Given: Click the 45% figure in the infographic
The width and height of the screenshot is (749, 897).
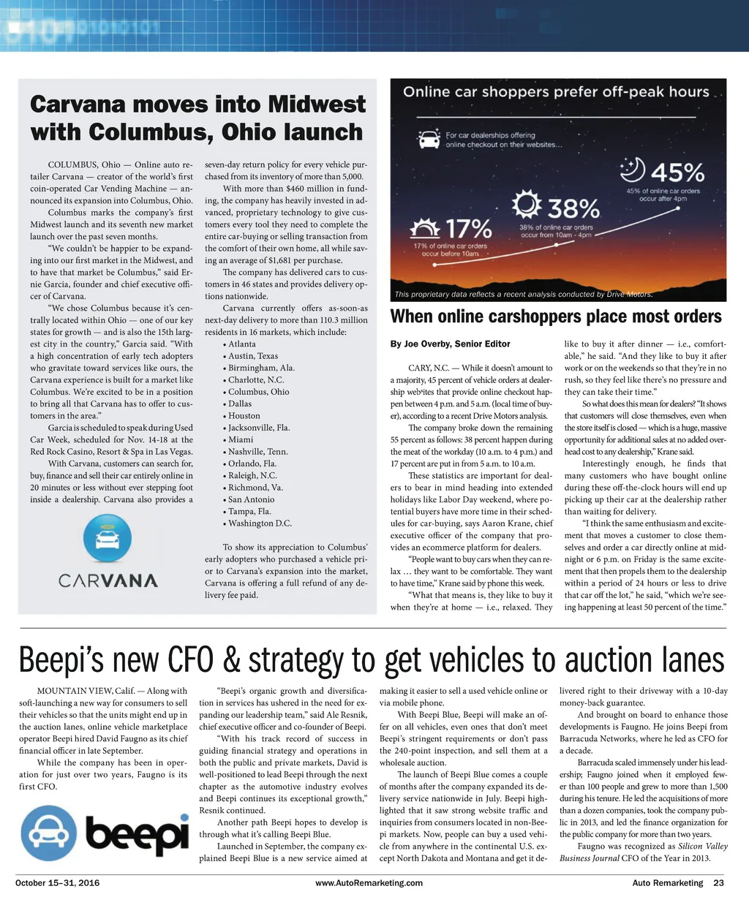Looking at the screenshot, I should (x=677, y=173).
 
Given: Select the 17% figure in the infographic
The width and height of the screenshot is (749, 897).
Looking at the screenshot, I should (x=469, y=227).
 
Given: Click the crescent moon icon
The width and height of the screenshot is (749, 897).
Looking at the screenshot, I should (x=631, y=170).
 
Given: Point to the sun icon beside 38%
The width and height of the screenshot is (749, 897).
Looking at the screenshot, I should (x=527, y=205).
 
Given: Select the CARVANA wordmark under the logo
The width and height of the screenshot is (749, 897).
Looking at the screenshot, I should (x=108, y=581).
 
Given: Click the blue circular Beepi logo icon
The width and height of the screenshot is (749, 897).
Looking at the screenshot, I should (x=48, y=833).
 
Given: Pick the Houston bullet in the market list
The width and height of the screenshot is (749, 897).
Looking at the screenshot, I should (x=244, y=415).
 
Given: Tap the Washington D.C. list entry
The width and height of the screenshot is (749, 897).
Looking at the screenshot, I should (x=260, y=523).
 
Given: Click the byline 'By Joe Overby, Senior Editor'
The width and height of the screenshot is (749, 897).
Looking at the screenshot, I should (x=450, y=344).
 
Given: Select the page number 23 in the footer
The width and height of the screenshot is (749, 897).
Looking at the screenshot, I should (x=718, y=883).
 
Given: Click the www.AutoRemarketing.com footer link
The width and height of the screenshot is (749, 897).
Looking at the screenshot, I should (x=369, y=883).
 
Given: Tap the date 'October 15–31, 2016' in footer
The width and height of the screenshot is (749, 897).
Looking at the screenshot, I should (x=57, y=883).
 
